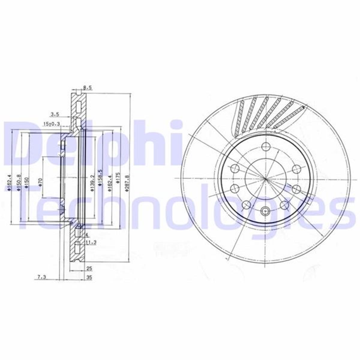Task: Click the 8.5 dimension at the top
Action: click(x=87, y=88)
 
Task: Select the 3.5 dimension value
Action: click(x=55, y=114)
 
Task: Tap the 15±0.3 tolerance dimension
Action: click(x=52, y=124)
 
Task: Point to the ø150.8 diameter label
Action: click(x=19, y=182)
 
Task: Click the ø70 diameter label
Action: click(x=41, y=182)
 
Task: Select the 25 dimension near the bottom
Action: click(x=89, y=268)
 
